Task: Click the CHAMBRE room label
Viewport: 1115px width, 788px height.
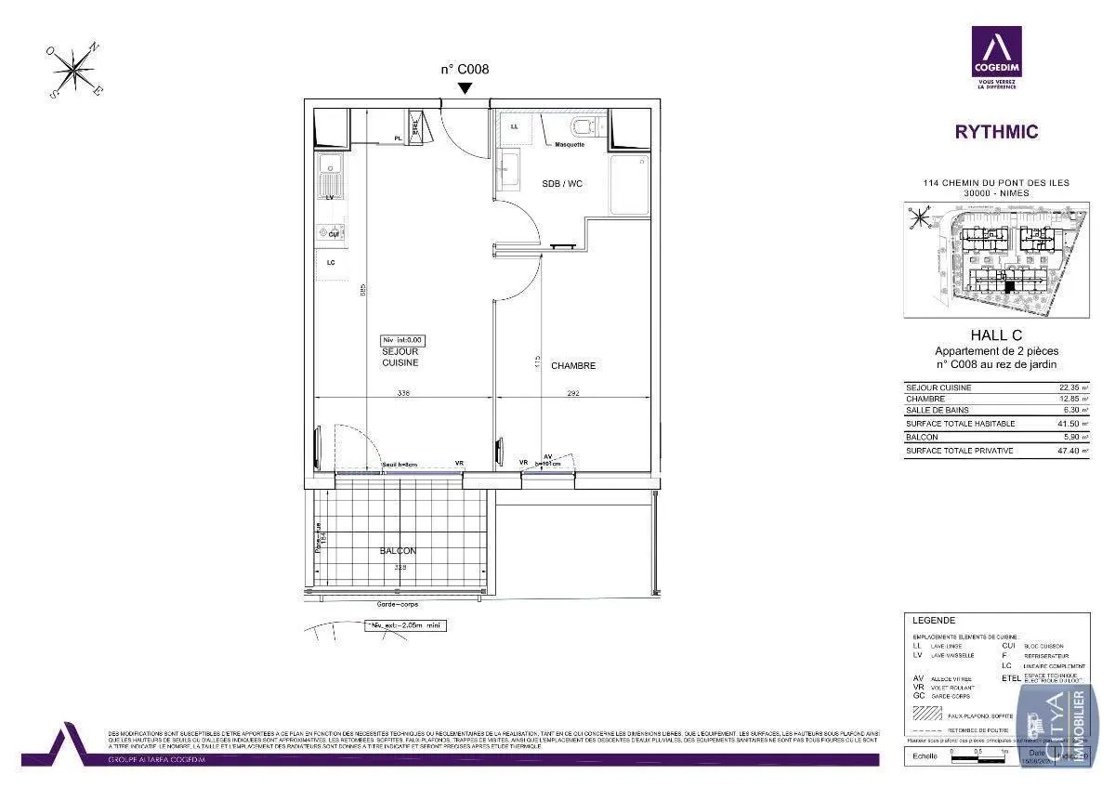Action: tap(572, 365)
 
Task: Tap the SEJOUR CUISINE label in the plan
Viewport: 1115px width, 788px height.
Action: tap(400, 357)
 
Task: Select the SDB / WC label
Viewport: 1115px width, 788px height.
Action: tap(562, 184)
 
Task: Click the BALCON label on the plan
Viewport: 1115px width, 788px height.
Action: tap(398, 551)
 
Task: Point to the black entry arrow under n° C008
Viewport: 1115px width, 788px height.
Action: tap(466, 87)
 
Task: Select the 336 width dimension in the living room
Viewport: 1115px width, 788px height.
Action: tap(403, 394)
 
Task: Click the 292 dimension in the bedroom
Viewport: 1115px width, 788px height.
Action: tap(573, 394)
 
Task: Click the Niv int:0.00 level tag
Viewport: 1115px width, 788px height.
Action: tap(402, 340)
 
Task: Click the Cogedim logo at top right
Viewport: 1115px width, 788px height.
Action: tap(996, 56)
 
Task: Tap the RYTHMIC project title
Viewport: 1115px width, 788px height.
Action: tap(996, 132)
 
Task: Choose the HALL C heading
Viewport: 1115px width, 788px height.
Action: tap(996, 335)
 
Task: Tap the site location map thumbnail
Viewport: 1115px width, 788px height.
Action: tap(996, 261)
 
